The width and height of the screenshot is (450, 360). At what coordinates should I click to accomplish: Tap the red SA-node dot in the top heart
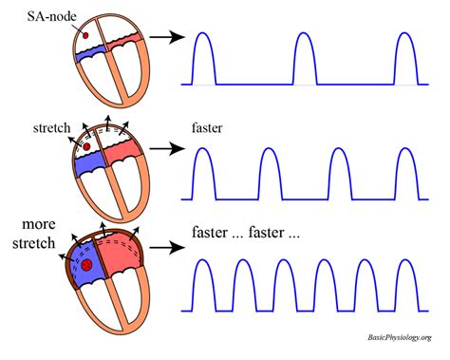click(86, 36)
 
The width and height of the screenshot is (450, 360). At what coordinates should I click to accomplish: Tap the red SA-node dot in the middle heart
click(86, 148)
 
